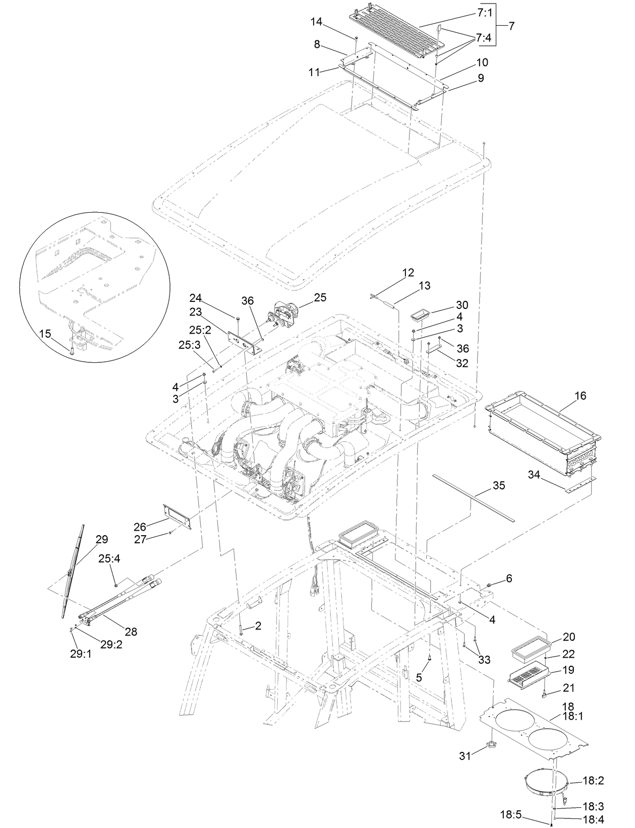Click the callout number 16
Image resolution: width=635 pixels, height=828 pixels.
580,396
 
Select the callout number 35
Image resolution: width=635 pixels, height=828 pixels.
498,485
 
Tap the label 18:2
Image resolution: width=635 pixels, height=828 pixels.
593,781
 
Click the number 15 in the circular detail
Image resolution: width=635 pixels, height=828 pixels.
45,334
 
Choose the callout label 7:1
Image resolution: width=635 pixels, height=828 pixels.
484,14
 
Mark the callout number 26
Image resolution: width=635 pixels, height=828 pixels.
140,527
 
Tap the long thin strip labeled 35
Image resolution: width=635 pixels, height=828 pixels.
473,497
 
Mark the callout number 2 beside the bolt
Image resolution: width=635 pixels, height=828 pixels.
258,626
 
